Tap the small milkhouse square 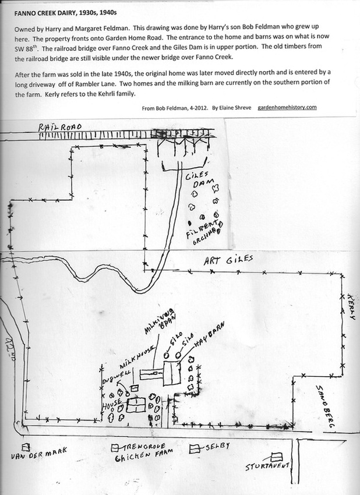pos(135,387)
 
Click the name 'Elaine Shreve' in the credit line pos(238,108)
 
